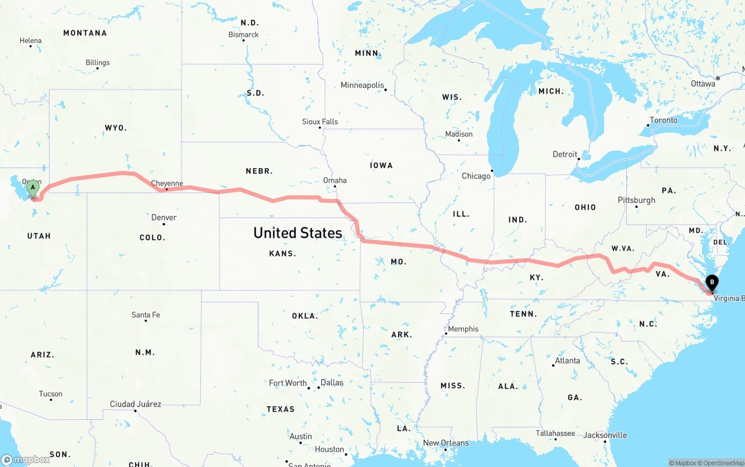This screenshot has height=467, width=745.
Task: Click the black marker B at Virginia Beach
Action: [x=711, y=284]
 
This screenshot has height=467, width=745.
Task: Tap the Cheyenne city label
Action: [x=167, y=183]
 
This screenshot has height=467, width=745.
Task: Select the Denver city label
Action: [x=164, y=218]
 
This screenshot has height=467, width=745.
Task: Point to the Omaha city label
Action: [x=335, y=180]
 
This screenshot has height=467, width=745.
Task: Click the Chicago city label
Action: [x=476, y=176]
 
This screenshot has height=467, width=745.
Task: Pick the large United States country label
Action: [x=297, y=233]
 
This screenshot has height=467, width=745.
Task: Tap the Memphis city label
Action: [x=463, y=329]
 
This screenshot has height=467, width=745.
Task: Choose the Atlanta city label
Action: [x=567, y=361]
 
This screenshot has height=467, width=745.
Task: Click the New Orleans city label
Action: [x=446, y=443]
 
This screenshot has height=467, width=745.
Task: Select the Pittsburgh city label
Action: [x=636, y=200]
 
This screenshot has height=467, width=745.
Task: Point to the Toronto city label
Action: [x=664, y=120]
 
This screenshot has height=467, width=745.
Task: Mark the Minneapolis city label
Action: [x=362, y=85]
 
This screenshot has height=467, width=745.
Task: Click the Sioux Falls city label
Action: [x=320, y=122]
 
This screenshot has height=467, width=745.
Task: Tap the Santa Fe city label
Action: [x=146, y=315]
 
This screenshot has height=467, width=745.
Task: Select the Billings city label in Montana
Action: [x=97, y=62]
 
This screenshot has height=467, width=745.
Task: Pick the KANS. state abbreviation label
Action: [x=282, y=254]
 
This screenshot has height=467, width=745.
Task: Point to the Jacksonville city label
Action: [x=605, y=435]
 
